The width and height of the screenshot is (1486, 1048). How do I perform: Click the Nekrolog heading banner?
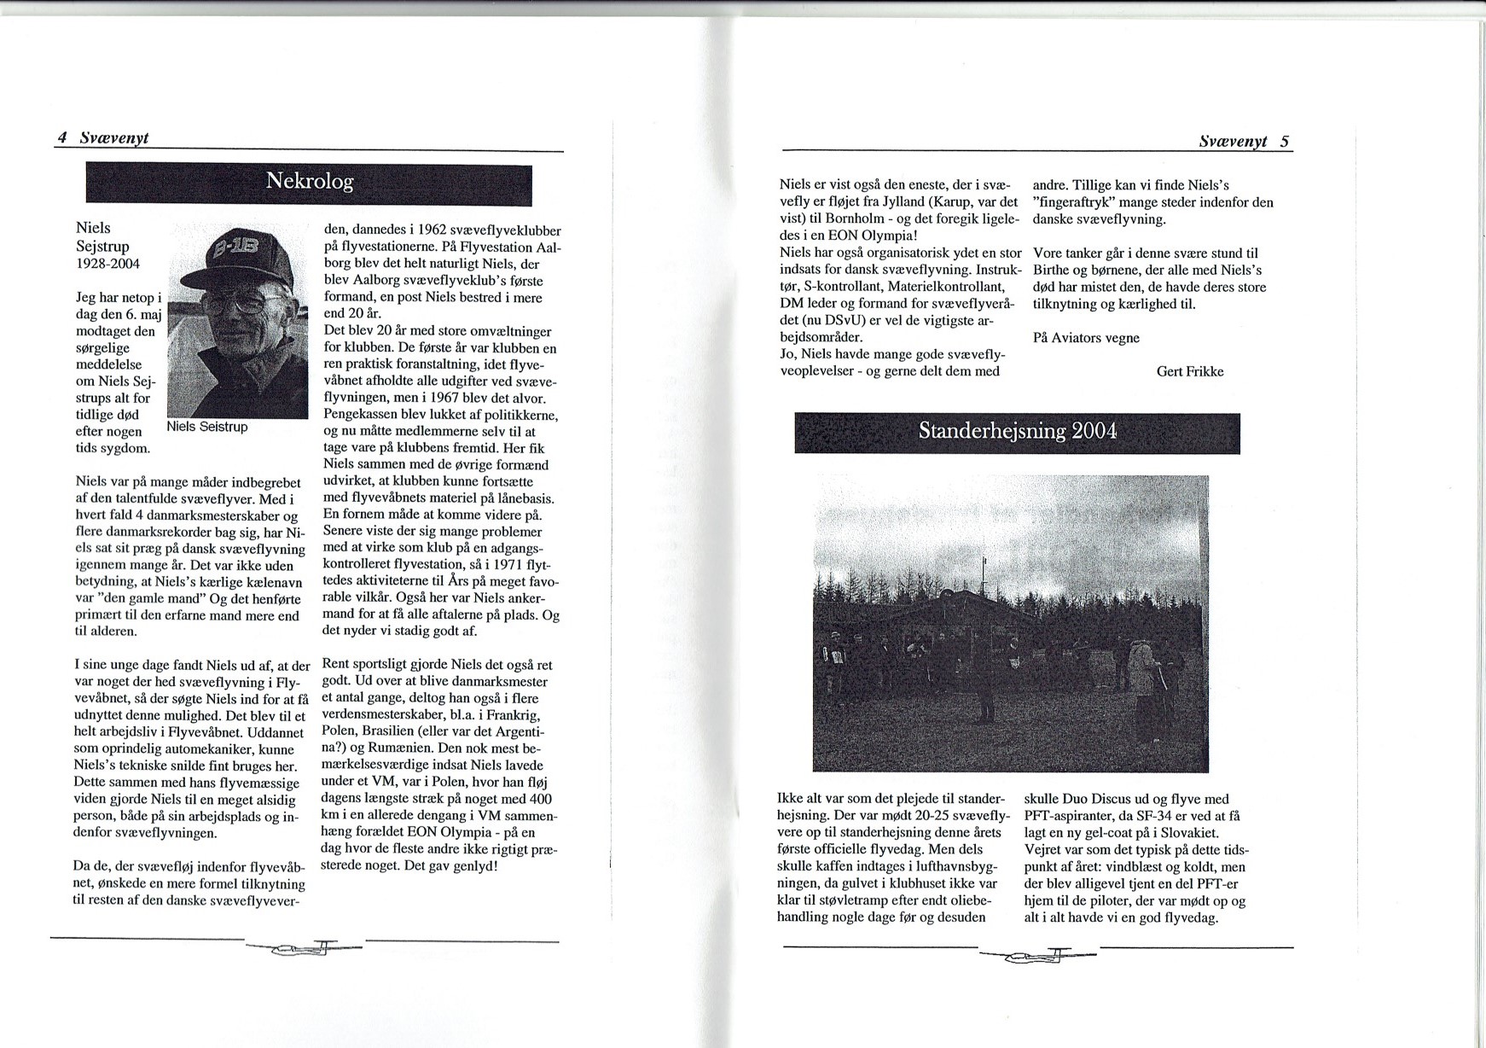click(309, 182)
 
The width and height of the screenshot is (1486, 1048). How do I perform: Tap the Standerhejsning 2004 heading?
click(1017, 431)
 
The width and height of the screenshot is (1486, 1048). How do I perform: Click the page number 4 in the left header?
click(62, 137)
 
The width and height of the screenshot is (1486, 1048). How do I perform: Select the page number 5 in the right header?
click(1284, 142)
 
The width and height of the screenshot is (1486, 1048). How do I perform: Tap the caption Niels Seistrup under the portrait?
click(207, 427)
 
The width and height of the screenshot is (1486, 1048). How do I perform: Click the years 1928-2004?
click(108, 264)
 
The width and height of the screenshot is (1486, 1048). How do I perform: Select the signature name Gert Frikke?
click(1190, 371)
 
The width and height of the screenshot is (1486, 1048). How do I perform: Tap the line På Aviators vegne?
click(1086, 338)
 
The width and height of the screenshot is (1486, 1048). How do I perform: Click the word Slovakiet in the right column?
click(1190, 833)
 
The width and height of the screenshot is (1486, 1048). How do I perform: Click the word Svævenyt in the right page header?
click(1232, 142)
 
